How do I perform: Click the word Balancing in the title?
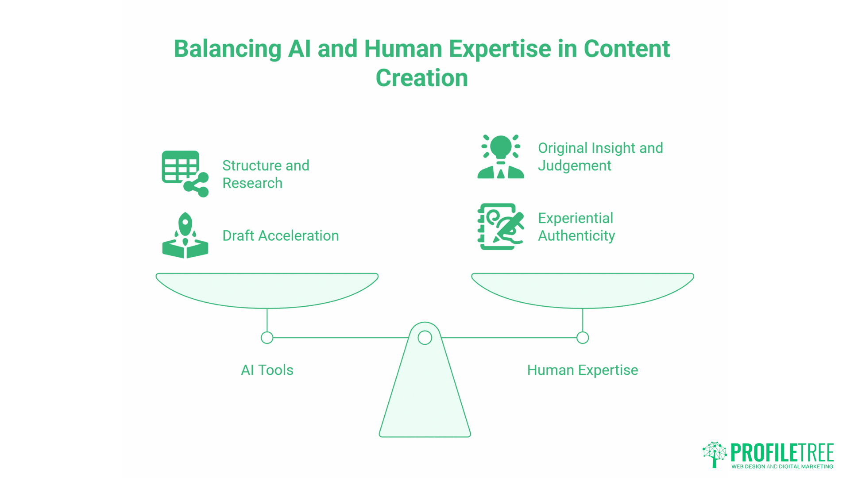click(227, 49)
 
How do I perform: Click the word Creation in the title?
click(421, 78)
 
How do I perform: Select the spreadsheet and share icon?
click(185, 173)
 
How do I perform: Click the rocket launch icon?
click(185, 235)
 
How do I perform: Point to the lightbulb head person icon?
click(501, 157)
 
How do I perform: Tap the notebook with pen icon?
click(501, 227)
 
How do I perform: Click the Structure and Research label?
click(266, 174)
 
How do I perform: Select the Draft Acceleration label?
click(280, 236)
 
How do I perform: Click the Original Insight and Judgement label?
click(600, 157)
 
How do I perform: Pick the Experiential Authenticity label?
click(576, 227)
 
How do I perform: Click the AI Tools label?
click(267, 370)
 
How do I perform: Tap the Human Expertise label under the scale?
click(582, 370)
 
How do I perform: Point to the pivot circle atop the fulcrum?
click(425, 338)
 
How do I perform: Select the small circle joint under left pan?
click(267, 338)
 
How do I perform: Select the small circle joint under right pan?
click(583, 338)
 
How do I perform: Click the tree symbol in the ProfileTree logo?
click(715, 454)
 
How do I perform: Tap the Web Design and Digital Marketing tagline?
click(782, 466)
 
